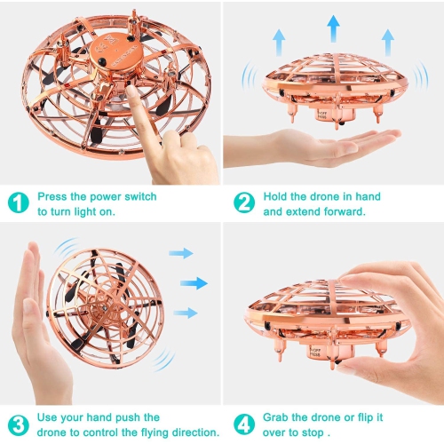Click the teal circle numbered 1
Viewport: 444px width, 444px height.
pos(19,202)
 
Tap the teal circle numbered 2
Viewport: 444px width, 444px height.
pos(244,202)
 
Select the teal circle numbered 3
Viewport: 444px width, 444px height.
pos(19,424)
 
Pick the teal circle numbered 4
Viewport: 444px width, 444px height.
pos(244,424)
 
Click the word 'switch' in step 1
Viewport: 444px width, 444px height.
pos(140,196)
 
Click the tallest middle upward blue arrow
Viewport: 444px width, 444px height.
pos(334,28)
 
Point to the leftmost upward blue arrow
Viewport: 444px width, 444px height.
pos(279,43)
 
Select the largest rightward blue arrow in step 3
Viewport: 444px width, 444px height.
pos(194,283)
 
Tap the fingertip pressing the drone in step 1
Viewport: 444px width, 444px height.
pos(131,91)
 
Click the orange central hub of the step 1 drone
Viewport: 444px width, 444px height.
pos(116,52)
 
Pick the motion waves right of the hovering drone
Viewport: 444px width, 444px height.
pos(421,75)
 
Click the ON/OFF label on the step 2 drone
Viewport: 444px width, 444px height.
pos(322,115)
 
